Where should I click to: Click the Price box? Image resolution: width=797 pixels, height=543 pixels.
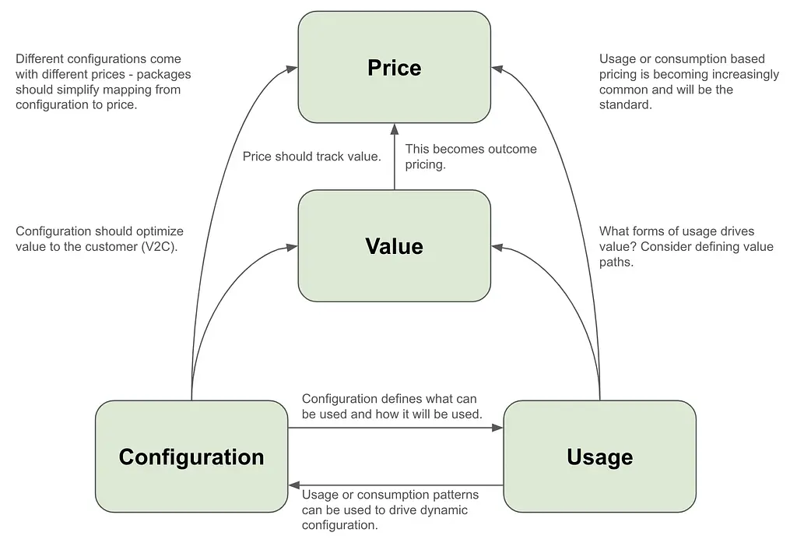[x=394, y=67]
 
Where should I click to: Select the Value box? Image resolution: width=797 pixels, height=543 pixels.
[x=394, y=246]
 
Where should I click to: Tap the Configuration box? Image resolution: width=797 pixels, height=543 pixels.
[x=191, y=457]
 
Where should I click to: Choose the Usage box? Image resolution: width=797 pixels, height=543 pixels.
[x=599, y=457]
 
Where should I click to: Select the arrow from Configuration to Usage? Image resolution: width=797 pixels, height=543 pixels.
[x=395, y=428]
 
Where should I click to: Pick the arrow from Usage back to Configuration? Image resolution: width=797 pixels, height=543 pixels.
[x=395, y=485]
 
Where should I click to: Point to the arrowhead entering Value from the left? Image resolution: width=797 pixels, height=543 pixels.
[x=293, y=248]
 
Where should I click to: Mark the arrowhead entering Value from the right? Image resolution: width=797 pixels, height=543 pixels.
[x=497, y=248]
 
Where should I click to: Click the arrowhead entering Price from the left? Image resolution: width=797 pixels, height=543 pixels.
[x=293, y=68]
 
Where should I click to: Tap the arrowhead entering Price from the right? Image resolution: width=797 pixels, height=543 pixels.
[x=497, y=68]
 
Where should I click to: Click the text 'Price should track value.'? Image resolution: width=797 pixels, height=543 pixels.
[x=311, y=157]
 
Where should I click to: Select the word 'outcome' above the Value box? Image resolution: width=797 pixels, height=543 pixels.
[x=511, y=149]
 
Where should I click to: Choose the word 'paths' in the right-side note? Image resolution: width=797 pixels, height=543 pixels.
[x=616, y=263]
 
